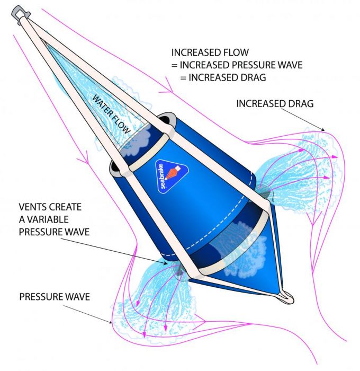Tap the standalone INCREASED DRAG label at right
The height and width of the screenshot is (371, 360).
tap(275, 104)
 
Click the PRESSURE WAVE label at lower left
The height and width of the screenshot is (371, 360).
tap(55, 296)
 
